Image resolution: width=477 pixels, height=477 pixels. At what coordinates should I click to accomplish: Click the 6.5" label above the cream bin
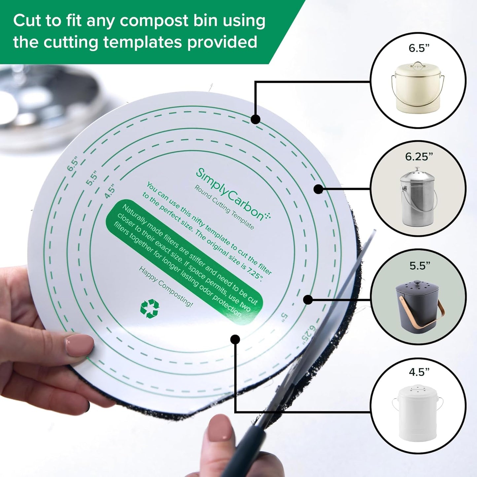pos(419,48)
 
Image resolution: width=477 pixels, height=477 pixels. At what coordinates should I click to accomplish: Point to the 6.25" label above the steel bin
pos(419,156)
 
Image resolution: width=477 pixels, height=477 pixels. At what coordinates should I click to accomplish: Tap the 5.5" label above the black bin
pos(419,265)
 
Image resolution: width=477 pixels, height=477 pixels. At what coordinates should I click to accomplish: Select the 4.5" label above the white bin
pos(419,372)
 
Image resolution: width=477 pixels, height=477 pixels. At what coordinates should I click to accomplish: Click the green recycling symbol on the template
pos(150,308)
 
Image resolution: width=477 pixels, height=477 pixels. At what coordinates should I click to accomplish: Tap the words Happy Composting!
pos(165,287)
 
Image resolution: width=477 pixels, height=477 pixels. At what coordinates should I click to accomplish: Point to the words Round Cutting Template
pos(224,207)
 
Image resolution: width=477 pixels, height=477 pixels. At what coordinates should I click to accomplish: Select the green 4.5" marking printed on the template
pos(110,191)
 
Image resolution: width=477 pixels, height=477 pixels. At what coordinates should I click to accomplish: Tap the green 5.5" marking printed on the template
pos(92,178)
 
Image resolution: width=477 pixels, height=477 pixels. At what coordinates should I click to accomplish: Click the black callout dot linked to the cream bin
pos(255,119)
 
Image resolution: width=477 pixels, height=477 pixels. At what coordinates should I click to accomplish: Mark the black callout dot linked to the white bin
pos(235,339)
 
